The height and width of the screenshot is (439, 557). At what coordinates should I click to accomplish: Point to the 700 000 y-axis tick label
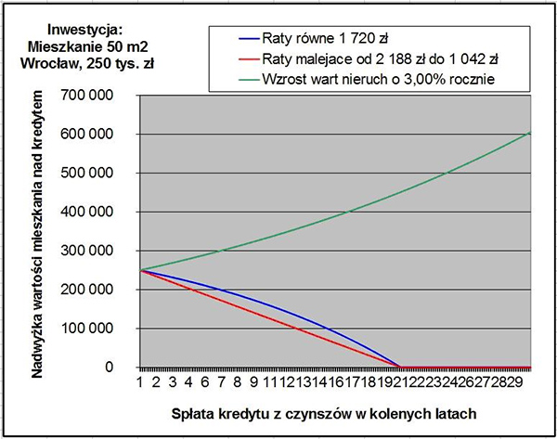pyautogui.click(x=96, y=96)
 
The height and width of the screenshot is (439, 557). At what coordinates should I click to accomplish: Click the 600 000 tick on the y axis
pyautogui.click(x=96, y=135)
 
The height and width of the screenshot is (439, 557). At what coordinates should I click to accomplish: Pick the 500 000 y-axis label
pyautogui.click(x=96, y=174)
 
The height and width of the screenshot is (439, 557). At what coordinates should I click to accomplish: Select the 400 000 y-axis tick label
pyautogui.click(x=96, y=213)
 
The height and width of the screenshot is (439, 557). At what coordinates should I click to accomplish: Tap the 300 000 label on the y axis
pyautogui.click(x=96, y=252)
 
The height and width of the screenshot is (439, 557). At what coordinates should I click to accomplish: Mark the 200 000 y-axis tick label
pyautogui.click(x=96, y=291)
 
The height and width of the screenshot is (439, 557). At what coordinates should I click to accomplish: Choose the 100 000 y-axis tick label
pyautogui.click(x=96, y=329)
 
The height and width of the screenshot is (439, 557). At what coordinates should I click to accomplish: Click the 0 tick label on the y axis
pyautogui.click(x=119, y=368)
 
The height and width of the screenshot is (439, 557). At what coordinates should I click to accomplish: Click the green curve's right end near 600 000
pyautogui.click(x=528, y=134)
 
